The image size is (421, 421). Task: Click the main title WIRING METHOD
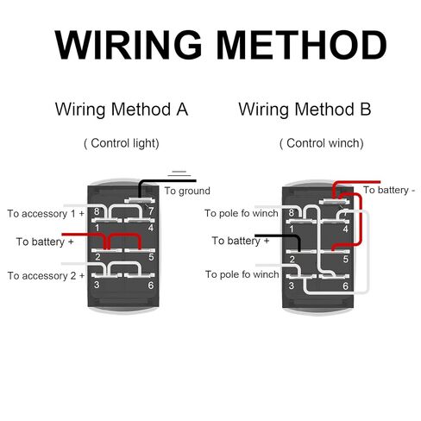coord(221,45)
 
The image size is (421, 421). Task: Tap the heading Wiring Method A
coord(122,110)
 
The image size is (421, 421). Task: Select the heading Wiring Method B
coord(305,110)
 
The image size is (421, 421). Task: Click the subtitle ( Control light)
coord(122,143)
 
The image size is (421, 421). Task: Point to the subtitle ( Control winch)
coord(322,143)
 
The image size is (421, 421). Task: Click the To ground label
coord(187,191)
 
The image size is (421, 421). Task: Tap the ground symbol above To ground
coord(179,173)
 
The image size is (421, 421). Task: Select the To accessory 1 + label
coord(46,214)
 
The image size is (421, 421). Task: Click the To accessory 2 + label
coord(46,276)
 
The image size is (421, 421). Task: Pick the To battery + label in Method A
coord(45,242)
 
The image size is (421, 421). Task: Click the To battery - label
coord(389,190)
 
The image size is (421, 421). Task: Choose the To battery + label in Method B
coord(241,241)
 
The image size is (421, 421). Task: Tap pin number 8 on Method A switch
coord(97,211)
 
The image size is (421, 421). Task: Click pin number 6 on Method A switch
coord(151,286)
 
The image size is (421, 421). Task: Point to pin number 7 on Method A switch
coord(151,211)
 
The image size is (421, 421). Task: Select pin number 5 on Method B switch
coord(346,259)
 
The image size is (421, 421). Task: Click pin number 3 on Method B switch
coord(292,286)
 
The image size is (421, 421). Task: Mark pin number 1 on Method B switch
coord(292,229)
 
